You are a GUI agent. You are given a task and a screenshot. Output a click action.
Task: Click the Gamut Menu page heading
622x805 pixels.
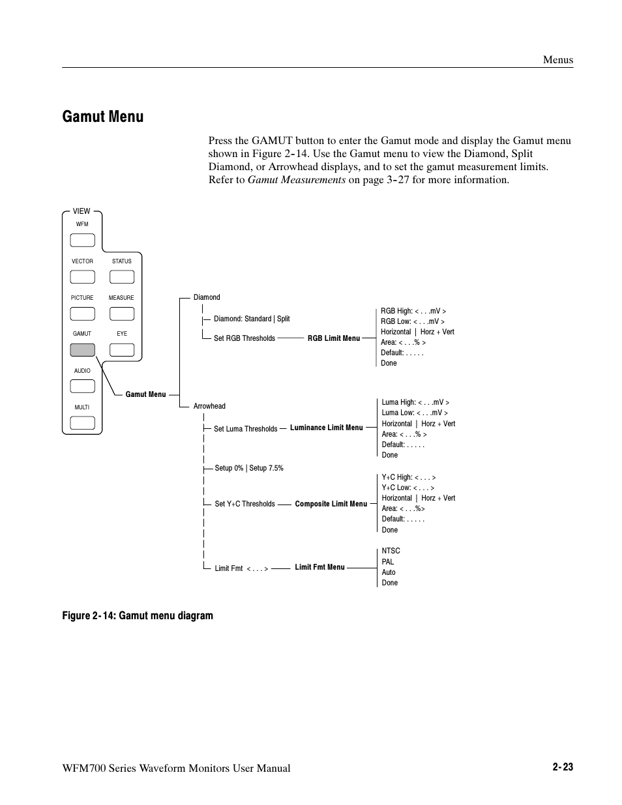coord(103,117)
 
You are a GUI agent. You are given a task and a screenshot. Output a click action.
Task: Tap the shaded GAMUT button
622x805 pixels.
coord(82,349)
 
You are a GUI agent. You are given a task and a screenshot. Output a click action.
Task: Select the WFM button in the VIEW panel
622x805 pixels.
coord(82,240)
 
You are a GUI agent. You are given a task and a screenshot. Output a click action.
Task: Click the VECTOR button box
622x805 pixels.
coord(82,276)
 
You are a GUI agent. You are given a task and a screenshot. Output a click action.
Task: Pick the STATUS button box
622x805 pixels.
coord(122,276)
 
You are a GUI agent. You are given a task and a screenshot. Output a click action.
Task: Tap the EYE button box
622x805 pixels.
coord(122,349)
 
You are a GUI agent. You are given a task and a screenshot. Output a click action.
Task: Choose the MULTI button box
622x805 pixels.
coord(82,422)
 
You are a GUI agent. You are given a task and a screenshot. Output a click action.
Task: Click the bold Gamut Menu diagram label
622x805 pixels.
coord(145,394)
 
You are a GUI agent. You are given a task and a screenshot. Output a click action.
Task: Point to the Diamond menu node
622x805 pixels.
coord(207,297)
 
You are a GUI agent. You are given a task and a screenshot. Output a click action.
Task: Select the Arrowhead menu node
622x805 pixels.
coord(209,406)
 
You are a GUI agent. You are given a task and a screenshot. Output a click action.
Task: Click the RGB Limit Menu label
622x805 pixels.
coord(333,338)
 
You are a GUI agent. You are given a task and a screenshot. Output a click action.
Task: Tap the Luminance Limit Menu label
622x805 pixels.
coord(326,428)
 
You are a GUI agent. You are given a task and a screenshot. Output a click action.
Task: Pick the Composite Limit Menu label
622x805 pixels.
coord(331,504)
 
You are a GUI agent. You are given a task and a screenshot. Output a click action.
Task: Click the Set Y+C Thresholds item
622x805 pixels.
coord(244,504)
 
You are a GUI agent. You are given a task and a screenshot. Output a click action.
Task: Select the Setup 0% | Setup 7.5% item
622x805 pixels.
coord(249,468)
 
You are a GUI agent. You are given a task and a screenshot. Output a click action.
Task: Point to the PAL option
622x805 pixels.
coord(388,562)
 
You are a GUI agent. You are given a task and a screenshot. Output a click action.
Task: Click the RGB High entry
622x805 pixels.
coord(413,311)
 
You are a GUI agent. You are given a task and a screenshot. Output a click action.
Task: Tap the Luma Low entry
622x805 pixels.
coord(415,413)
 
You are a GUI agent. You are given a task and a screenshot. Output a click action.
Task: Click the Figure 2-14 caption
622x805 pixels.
coord(138,615)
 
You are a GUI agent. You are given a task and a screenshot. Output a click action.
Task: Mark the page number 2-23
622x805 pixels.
coord(562,767)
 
